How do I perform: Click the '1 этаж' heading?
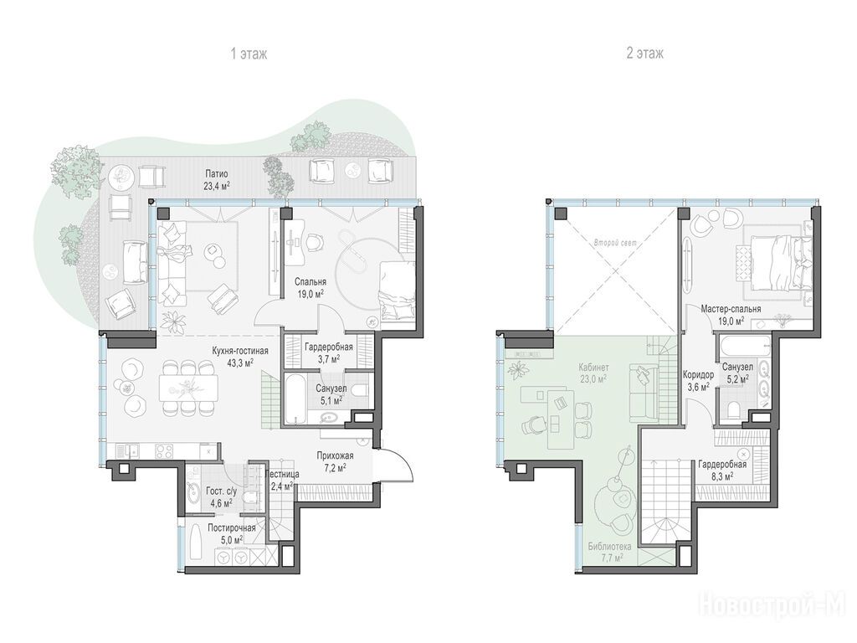249,54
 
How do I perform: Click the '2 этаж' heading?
645,53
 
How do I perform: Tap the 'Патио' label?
217,174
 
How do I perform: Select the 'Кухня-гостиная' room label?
240,351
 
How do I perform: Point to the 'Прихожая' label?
335,455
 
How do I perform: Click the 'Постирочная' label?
232,527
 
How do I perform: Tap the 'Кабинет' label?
593,368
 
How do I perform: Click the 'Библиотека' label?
609,546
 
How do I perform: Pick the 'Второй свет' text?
615,242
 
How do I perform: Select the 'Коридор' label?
698,374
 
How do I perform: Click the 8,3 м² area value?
722,476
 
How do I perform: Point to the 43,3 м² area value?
240,362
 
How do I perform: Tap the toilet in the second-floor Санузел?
734,409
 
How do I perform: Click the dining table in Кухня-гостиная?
188,388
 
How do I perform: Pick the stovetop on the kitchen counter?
165,451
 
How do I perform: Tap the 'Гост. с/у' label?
219,491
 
